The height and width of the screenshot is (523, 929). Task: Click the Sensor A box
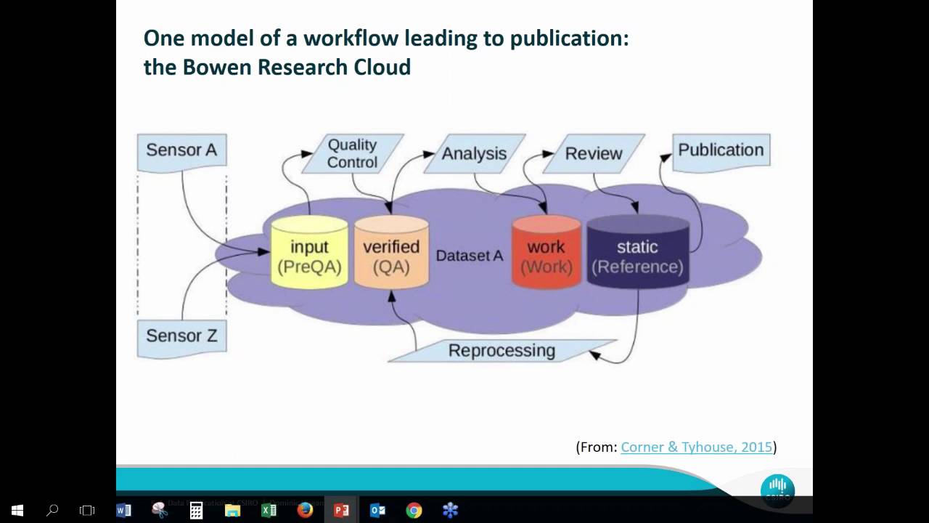pyautogui.click(x=181, y=150)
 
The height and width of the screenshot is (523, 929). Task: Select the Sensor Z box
pyautogui.click(x=181, y=336)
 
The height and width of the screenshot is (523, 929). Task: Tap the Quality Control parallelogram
pyautogui.click(x=352, y=153)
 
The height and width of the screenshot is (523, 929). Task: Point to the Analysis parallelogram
pyautogui.click(x=474, y=153)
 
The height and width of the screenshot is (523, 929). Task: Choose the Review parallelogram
pyautogui.click(x=593, y=153)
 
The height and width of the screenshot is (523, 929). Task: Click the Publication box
pyautogui.click(x=721, y=150)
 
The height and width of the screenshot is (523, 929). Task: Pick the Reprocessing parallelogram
pyautogui.click(x=502, y=351)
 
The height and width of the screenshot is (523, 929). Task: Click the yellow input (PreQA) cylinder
pyautogui.click(x=309, y=255)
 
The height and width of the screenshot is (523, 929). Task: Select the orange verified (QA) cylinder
pyautogui.click(x=391, y=255)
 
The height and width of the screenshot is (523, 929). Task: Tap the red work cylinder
pyautogui.click(x=546, y=255)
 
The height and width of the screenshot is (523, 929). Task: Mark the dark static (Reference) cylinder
pyautogui.click(x=637, y=255)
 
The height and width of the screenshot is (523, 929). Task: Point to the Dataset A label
pyautogui.click(x=469, y=256)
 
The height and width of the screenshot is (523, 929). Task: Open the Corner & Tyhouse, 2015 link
pyautogui.click(x=696, y=447)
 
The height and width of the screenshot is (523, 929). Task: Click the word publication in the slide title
pyautogui.click(x=569, y=38)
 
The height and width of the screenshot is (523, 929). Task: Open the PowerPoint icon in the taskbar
pyautogui.click(x=341, y=510)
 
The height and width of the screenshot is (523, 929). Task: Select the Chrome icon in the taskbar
pyautogui.click(x=414, y=510)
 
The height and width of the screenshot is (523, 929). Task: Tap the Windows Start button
pyautogui.click(x=17, y=510)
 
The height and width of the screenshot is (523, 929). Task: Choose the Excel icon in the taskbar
pyautogui.click(x=269, y=510)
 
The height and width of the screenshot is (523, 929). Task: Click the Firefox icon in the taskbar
pyautogui.click(x=305, y=510)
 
